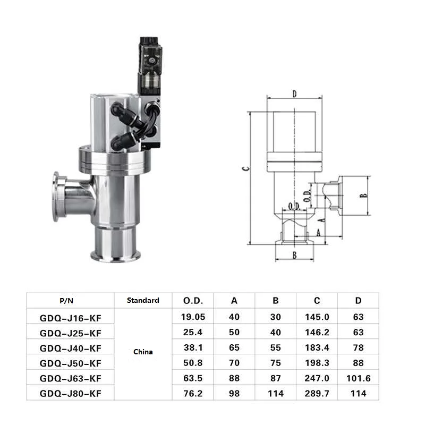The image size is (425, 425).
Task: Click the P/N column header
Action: point(66,301)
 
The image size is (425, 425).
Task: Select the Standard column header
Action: point(143,300)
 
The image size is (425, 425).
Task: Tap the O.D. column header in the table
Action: point(193,301)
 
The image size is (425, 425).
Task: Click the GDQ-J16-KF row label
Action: point(71,318)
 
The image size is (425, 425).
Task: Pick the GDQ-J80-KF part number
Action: point(71,393)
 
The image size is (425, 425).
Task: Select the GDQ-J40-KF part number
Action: point(71,348)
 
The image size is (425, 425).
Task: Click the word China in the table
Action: point(143,352)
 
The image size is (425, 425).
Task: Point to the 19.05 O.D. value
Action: point(193,317)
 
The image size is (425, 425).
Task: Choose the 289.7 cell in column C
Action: point(317,393)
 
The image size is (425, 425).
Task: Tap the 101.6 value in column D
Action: point(358,378)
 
